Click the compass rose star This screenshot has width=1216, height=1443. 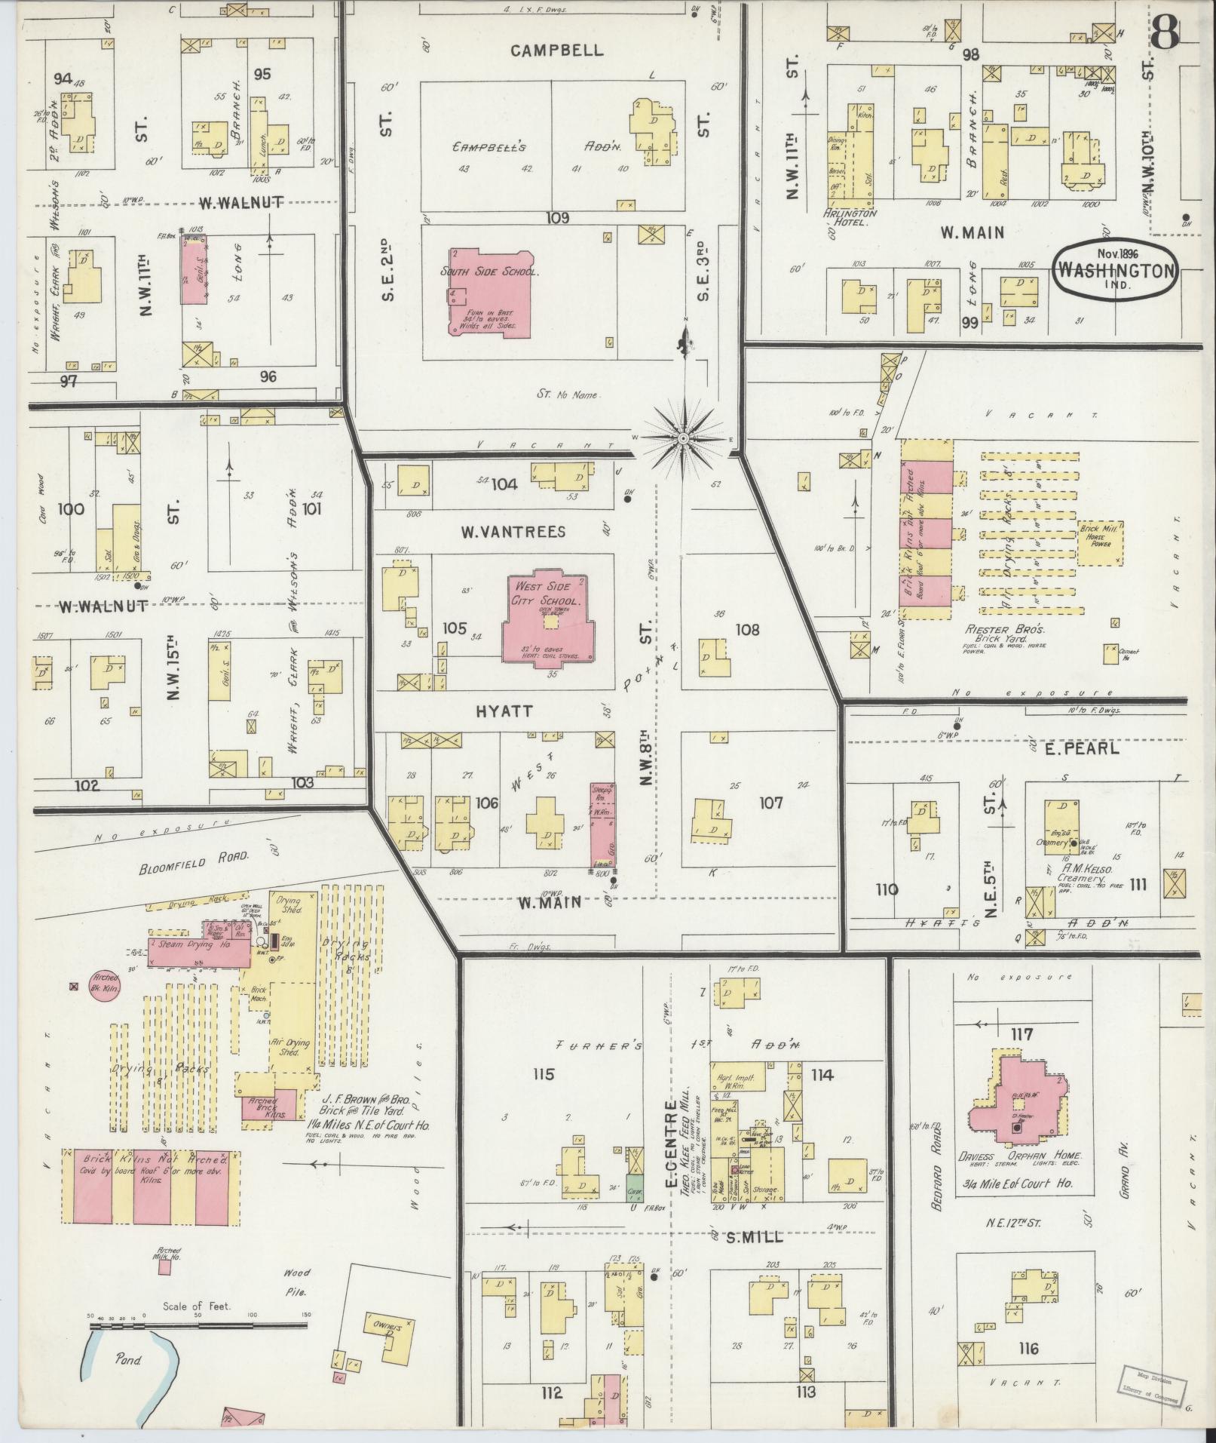(x=683, y=438)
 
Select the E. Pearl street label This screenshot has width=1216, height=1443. (x=1071, y=748)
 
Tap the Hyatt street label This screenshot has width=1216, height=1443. (x=504, y=711)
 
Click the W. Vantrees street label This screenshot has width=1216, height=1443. (x=513, y=532)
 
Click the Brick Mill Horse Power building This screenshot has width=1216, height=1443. (x=1101, y=543)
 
